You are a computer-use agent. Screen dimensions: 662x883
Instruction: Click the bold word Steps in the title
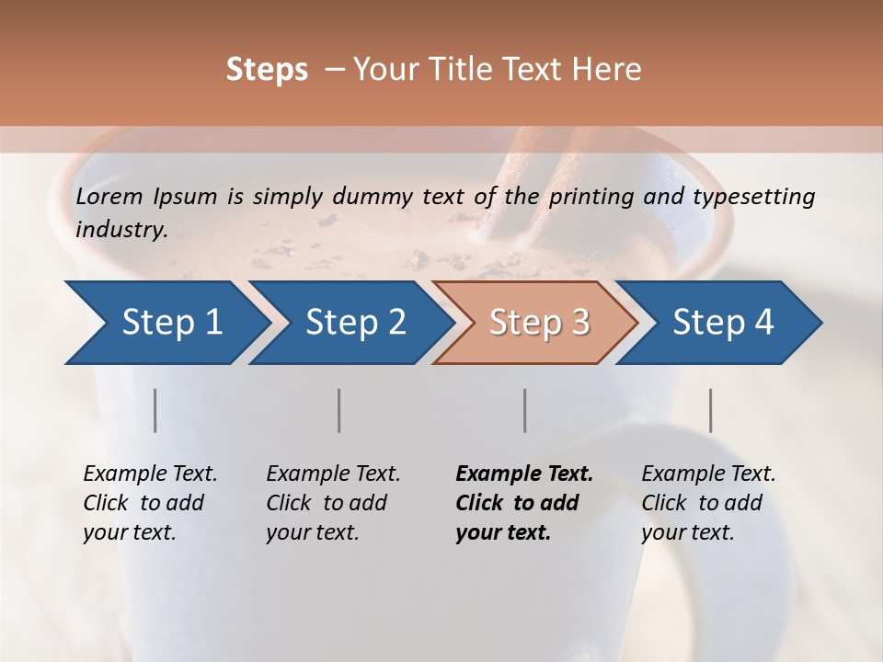click(267, 70)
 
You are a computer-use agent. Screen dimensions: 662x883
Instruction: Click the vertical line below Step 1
click(155, 410)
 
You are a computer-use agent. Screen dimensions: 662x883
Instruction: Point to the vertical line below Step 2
click(339, 410)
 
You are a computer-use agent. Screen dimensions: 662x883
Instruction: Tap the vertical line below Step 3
click(525, 410)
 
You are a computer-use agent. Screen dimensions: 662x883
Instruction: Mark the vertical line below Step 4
click(711, 410)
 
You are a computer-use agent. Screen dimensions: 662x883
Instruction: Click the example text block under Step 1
click(150, 503)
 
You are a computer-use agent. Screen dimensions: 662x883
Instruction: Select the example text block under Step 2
click(333, 503)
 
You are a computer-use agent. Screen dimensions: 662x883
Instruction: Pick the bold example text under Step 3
click(524, 503)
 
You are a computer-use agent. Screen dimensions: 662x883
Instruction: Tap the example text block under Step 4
click(708, 503)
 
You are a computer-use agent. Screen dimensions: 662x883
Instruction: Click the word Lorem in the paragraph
click(109, 197)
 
